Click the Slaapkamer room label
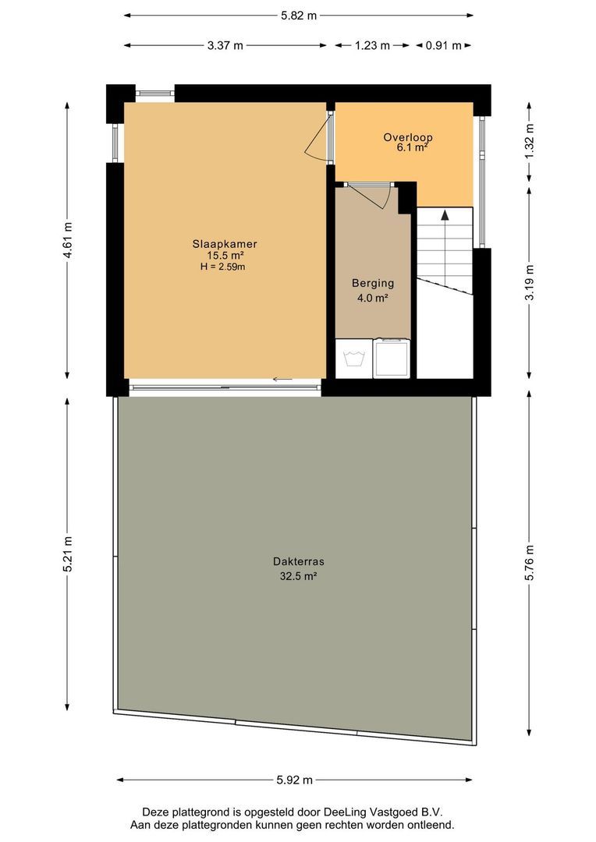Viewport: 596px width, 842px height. tap(225, 244)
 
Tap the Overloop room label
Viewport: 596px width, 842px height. tap(407, 137)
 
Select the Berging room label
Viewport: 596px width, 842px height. tap(372, 284)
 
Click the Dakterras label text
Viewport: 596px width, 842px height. tap(298, 561)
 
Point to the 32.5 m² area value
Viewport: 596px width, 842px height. tap(298, 577)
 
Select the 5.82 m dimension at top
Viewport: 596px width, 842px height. tap(299, 15)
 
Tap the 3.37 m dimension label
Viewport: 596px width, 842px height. tap(225, 45)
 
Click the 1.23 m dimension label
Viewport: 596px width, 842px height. tap(372, 45)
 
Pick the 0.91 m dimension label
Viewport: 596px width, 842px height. tap(443, 45)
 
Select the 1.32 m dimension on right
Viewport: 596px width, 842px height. tap(530, 143)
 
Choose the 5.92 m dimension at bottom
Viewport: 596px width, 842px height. tap(295, 780)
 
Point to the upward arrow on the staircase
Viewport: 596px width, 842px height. tap(445, 216)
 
